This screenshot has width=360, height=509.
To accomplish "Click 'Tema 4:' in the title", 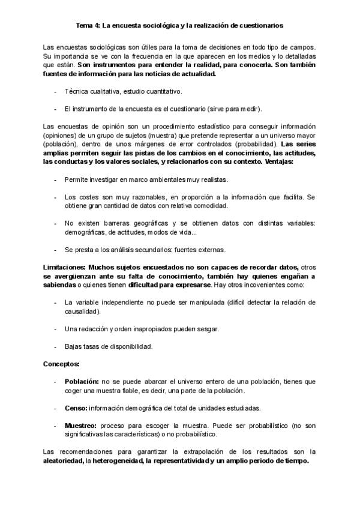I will tap(88, 26).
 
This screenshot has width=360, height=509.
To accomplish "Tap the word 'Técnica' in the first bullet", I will tap(76, 92).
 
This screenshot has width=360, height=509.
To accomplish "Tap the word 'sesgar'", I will tap(209, 329).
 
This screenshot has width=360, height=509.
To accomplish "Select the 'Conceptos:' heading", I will tap(61, 364).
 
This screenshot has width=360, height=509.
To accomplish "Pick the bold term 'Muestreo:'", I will tap(81, 426).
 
